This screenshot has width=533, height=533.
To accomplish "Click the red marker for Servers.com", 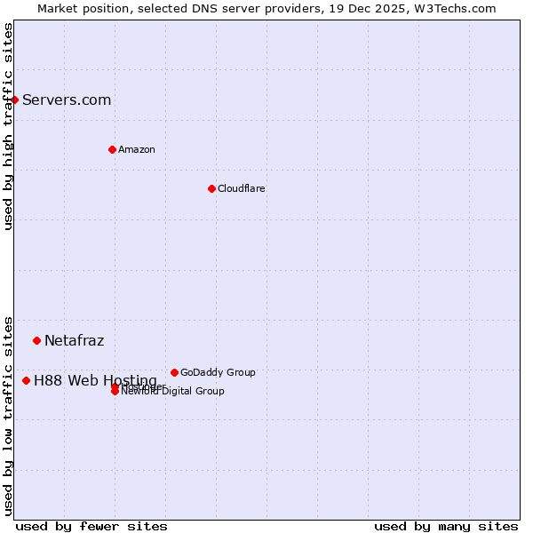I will point(15,99).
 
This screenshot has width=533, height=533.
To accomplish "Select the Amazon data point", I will point(112,149).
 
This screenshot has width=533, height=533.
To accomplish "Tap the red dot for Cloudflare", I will point(211,188).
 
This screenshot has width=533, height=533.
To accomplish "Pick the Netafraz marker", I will point(36,340).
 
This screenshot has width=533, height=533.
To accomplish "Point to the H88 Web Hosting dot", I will point(26,380).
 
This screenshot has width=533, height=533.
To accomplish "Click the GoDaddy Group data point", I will point(174,372).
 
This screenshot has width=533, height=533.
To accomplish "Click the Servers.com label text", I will point(67,99).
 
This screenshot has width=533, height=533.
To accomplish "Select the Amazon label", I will point(136,149).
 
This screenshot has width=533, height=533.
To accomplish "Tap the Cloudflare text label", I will point(241,188).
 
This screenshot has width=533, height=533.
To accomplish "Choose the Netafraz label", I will point(74,340).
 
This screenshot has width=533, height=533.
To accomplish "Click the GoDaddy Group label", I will point(218,372).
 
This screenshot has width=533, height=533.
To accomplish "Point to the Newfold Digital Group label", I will point(172,392).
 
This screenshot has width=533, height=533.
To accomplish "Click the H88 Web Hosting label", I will point(95,380).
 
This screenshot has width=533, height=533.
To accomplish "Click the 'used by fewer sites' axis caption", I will point(91,526).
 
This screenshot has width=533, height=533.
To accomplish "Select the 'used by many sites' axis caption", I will point(446,526).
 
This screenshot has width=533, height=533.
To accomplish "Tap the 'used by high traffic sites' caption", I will point(8,126).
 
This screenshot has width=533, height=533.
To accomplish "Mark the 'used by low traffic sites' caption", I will point(8,415).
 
